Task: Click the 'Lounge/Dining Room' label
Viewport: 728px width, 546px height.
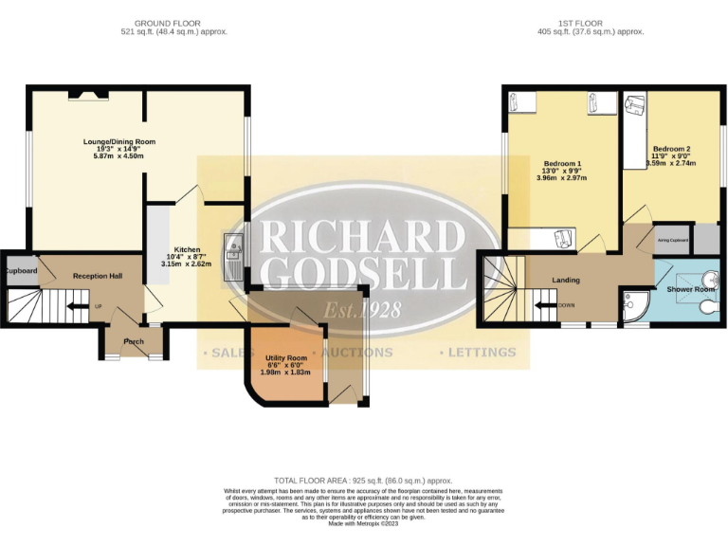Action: click(x=118, y=142)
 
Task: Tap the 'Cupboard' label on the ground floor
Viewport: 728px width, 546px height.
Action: click(x=20, y=270)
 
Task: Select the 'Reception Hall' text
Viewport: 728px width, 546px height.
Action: click(x=98, y=276)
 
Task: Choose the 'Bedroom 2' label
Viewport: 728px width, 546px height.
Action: click(x=671, y=149)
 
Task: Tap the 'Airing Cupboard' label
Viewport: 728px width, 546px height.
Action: click(x=672, y=241)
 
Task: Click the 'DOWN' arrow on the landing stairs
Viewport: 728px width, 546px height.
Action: click(x=549, y=306)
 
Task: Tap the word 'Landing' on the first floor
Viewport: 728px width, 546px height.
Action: click(x=566, y=281)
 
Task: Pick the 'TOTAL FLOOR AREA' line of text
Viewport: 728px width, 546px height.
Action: click(x=363, y=481)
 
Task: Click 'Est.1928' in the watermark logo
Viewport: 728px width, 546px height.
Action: click(x=362, y=310)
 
